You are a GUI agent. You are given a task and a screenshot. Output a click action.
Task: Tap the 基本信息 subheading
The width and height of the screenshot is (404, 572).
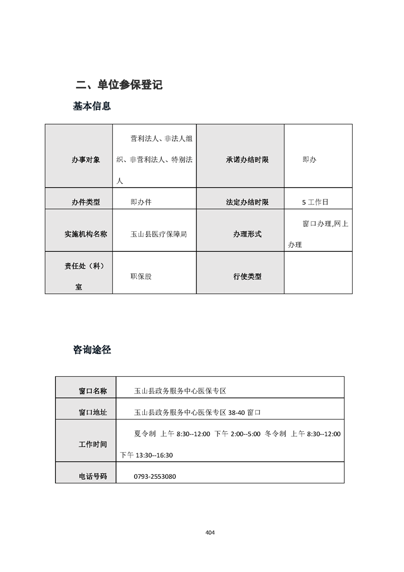(x=92, y=107)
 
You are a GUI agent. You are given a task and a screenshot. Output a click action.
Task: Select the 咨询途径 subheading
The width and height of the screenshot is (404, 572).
(x=92, y=350)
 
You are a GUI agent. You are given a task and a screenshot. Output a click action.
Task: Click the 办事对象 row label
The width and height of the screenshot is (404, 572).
(x=86, y=160)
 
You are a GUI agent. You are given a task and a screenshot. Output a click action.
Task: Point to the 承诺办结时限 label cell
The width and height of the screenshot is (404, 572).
(x=247, y=160)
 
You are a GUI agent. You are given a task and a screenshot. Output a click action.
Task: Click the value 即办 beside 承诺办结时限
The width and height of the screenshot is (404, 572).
(x=309, y=160)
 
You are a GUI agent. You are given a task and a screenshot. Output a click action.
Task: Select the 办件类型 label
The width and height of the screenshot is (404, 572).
(x=86, y=202)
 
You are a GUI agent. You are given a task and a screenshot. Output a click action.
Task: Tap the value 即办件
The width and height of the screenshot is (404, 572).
(x=141, y=202)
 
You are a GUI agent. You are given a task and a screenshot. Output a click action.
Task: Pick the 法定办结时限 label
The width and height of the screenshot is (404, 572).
(x=247, y=202)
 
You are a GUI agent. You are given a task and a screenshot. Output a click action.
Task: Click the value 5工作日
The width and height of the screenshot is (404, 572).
(x=315, y=202)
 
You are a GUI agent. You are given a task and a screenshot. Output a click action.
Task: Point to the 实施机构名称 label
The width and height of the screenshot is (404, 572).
(x=86, y=234)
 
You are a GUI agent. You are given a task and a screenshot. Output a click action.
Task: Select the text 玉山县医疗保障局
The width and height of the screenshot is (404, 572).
(x=159, y=234)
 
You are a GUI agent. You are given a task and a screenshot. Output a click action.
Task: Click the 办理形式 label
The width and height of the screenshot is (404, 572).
(x=247, y=234)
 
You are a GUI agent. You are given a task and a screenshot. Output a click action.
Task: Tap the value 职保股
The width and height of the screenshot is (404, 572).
(x=141, y=276)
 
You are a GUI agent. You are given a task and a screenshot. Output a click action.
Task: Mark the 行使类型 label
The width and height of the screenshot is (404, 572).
(x=247, y=276)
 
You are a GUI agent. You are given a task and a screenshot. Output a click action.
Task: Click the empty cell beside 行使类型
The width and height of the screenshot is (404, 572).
(x=318, y=273)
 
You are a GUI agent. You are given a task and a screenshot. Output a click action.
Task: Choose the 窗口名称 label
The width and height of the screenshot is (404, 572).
(x=93, y=391)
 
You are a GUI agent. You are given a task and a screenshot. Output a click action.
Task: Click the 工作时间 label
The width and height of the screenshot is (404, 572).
(x=93, y=444)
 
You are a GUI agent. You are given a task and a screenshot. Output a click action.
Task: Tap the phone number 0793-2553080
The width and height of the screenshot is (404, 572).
(x=155, y=477)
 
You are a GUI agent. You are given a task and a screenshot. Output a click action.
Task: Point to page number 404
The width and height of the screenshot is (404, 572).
(x=210, y=532)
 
